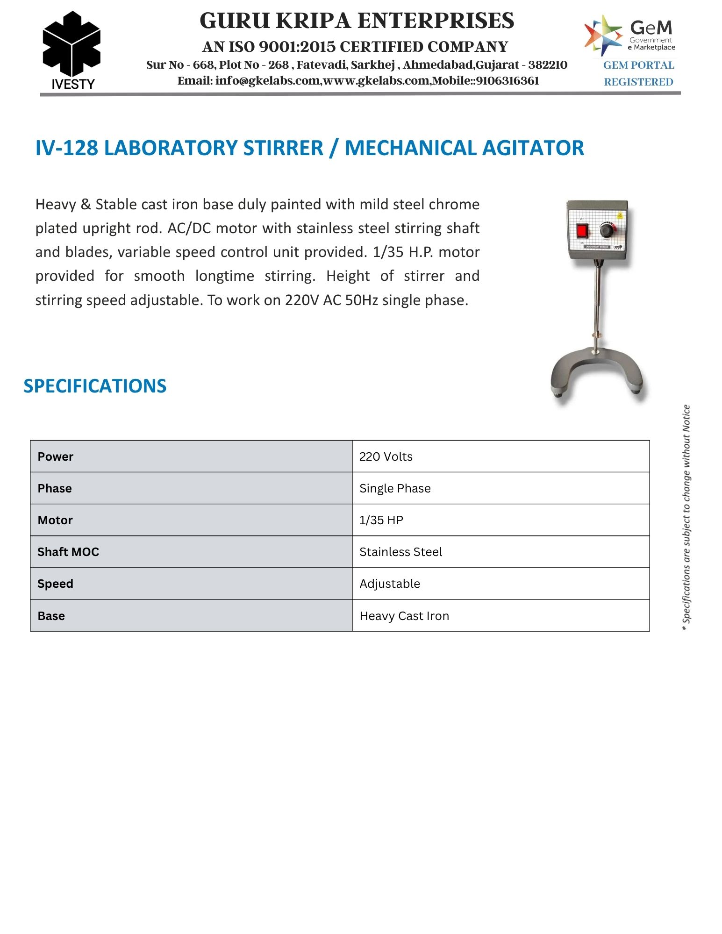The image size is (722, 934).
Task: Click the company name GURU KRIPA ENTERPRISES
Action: pos(357,21)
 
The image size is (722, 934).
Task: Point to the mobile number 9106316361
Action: pos(508,81)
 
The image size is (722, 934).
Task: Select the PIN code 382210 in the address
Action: pos(548,65)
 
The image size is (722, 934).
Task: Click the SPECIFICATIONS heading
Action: pos(95,386)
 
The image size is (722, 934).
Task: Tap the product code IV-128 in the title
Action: pos(67,148)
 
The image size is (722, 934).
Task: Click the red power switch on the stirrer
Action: pos(582,231)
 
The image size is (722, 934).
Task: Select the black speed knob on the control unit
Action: pos(607,230)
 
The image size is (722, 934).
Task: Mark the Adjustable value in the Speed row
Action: pos(390,584)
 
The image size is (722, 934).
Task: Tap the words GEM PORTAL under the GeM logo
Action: pos(638,65)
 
